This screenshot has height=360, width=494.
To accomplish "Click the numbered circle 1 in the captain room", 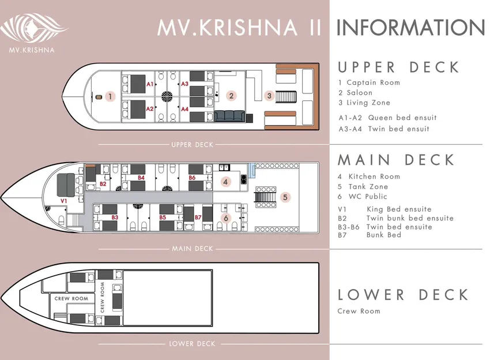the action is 110,96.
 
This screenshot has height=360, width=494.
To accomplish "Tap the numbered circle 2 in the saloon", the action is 231,96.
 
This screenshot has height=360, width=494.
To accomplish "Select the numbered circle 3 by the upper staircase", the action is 269,96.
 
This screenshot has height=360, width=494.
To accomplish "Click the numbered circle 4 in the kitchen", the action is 225,182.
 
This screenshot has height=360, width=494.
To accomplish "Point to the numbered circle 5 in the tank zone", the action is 285,197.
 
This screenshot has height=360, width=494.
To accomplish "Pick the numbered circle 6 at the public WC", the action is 225,218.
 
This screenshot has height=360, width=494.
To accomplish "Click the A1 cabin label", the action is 150,84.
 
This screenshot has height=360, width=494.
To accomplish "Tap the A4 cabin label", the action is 184,109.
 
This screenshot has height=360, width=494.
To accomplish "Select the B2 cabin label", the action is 103,184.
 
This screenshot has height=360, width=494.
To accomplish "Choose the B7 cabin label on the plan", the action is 198,217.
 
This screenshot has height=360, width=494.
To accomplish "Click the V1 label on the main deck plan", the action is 63,201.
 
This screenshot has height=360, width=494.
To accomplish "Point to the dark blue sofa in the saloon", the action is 229,116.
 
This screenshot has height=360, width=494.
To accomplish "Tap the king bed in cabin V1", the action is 66,185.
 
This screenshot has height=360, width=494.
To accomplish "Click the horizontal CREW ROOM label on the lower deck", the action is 71,298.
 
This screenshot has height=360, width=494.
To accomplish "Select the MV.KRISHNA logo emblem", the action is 33,28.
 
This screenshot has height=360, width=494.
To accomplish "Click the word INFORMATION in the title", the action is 411,28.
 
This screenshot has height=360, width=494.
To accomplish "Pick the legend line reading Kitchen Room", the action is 369,177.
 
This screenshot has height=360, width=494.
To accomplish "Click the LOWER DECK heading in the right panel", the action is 404,295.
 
